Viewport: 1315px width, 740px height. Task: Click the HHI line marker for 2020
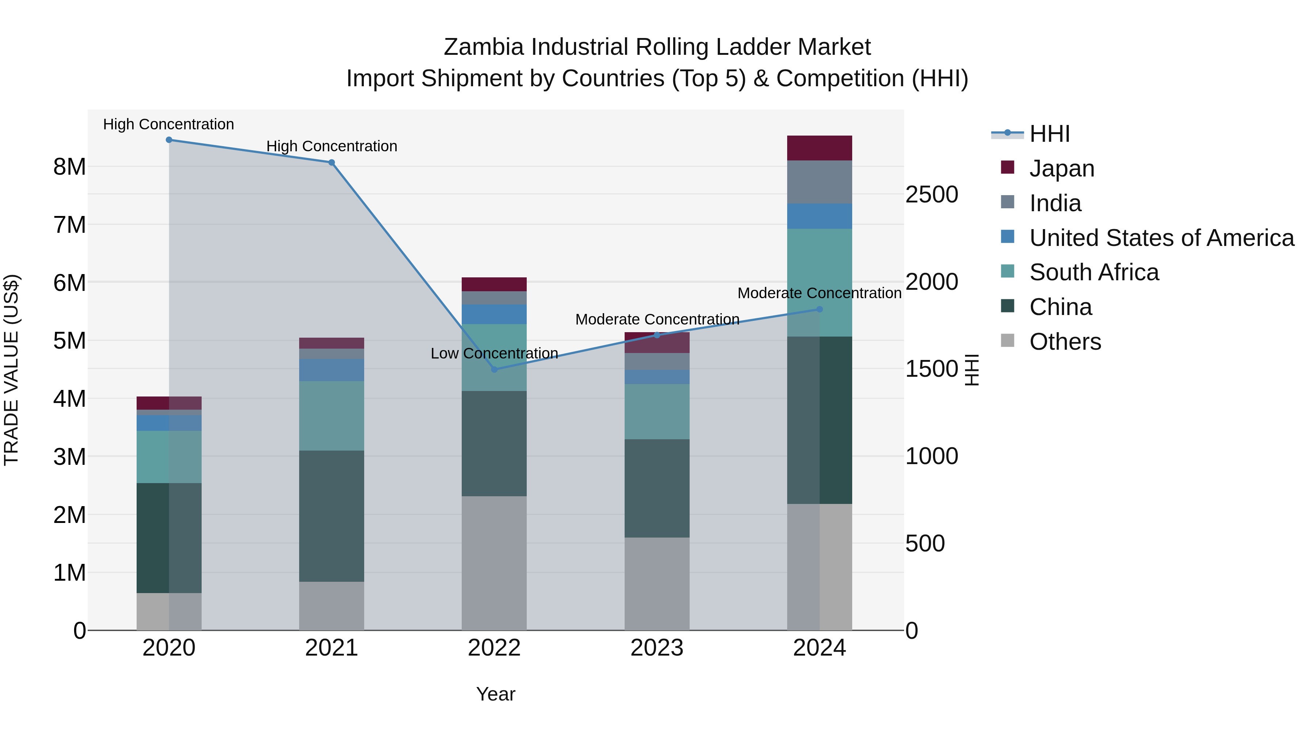[x=169, y=140]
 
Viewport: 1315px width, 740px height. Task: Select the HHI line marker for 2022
[x=494, y=369]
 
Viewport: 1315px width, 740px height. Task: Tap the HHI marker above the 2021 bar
[x=331, y=162]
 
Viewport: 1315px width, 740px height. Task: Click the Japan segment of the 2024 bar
[x=819, y=148]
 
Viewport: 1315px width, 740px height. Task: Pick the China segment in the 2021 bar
[x=331, y=516]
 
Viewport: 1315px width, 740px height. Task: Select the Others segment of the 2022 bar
[x=494, y=563]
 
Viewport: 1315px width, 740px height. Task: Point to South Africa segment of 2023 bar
[x=657, y=411]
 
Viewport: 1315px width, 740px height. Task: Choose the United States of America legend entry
[x=1161, y=238]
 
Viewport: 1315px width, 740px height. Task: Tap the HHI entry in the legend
[x=1049, y=134]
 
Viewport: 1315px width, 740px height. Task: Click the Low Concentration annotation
[x=494, y=353]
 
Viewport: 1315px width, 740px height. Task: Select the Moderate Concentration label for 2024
[x=819, y=293]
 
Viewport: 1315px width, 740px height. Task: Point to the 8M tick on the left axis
[x=69, y=167]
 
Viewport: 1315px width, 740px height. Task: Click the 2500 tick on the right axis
[x=931, y=194]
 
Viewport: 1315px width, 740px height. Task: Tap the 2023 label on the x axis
[x=657, y=648]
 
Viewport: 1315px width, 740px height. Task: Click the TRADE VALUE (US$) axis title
[x=11, y=370]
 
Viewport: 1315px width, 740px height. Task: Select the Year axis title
[x=495, y=694]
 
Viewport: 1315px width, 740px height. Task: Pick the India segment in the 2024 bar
[x=819, y=182]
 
